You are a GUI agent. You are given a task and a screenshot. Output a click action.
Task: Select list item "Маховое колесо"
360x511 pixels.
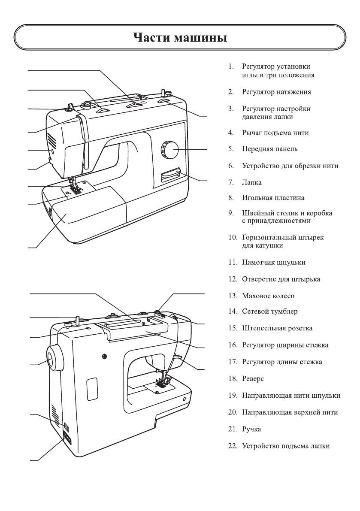click(x=268, y=296)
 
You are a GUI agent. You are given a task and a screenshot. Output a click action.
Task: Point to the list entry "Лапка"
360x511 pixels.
click(x=251, y=182)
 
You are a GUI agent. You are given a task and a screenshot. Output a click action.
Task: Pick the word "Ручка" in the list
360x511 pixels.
click(x=251, y=429)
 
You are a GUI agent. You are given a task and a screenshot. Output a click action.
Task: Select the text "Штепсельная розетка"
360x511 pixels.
click(x=277, y=328)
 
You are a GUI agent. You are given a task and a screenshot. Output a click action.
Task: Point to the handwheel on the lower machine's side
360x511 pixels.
click(x=54, y=357)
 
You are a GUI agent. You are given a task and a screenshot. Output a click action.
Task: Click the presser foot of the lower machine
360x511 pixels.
click(x=162, y=381)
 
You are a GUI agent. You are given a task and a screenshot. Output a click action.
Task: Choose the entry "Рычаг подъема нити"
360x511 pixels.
click(x=275, y=133)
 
